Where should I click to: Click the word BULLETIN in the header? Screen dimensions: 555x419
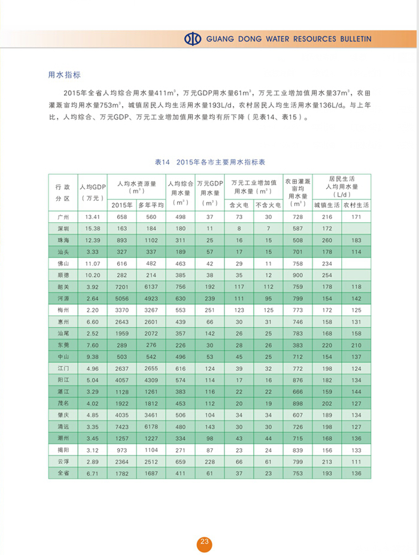pyautogui.click(x=354, y=39)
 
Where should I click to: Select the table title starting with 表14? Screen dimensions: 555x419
pyautogui.click(x=209, y=162)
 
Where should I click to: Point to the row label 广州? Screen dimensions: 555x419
pyautogui.click(x=63, y=216)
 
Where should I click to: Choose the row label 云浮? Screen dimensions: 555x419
pyautogui.click(x=63, y=461)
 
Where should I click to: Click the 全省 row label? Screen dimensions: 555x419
pyautogui.click(x=63, y=473)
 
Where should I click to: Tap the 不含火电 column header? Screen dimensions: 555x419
pyautogui.click(x=267, y=204)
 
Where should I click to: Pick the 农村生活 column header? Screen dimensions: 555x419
pyautogui.click(x=356, y=204)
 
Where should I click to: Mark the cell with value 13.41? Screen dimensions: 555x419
pyautogui.click(x=93, y=216)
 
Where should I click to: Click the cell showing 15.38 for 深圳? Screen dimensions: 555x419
pyautogui.click(x=93, y=229)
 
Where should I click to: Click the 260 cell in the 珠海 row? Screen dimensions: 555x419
pyautogui.click(x=327, y=240)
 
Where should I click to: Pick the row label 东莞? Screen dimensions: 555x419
pyautogui.click(x=63, y=345)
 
